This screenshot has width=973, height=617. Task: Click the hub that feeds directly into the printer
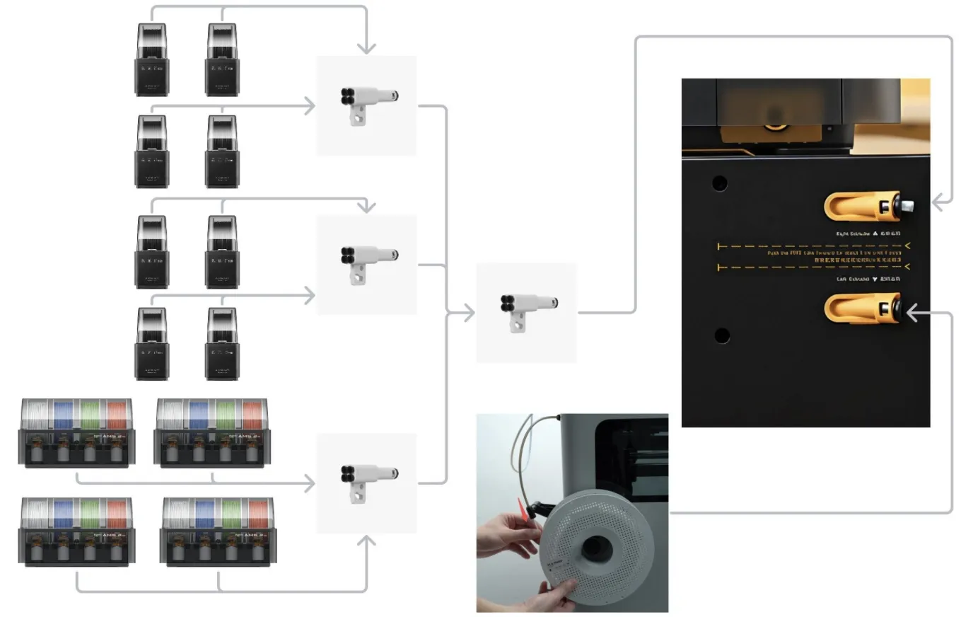(x=527, y=311)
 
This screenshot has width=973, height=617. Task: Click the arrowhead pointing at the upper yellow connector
(x=939, y=202)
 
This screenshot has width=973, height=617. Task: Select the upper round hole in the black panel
(x=720, y=183)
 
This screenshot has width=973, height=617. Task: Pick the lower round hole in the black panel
(x=721, y=335)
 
